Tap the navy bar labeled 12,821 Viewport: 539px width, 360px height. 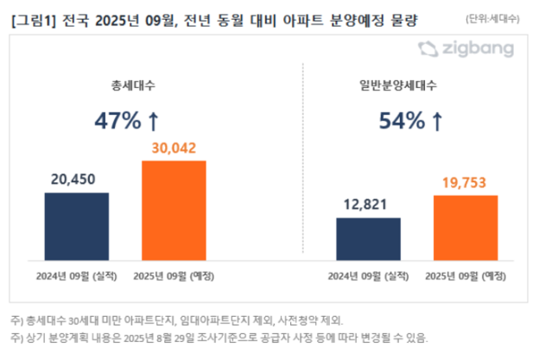click(368, 237)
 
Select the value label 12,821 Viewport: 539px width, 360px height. click(368, 205)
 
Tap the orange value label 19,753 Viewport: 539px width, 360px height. click(465, 182)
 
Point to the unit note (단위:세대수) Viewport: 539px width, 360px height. click(498, 18)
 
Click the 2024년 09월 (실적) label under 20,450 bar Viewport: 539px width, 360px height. click(76, 274)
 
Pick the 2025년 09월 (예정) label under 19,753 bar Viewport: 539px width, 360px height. click(465, 274)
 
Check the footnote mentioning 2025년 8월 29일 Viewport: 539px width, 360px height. click(219, 338)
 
